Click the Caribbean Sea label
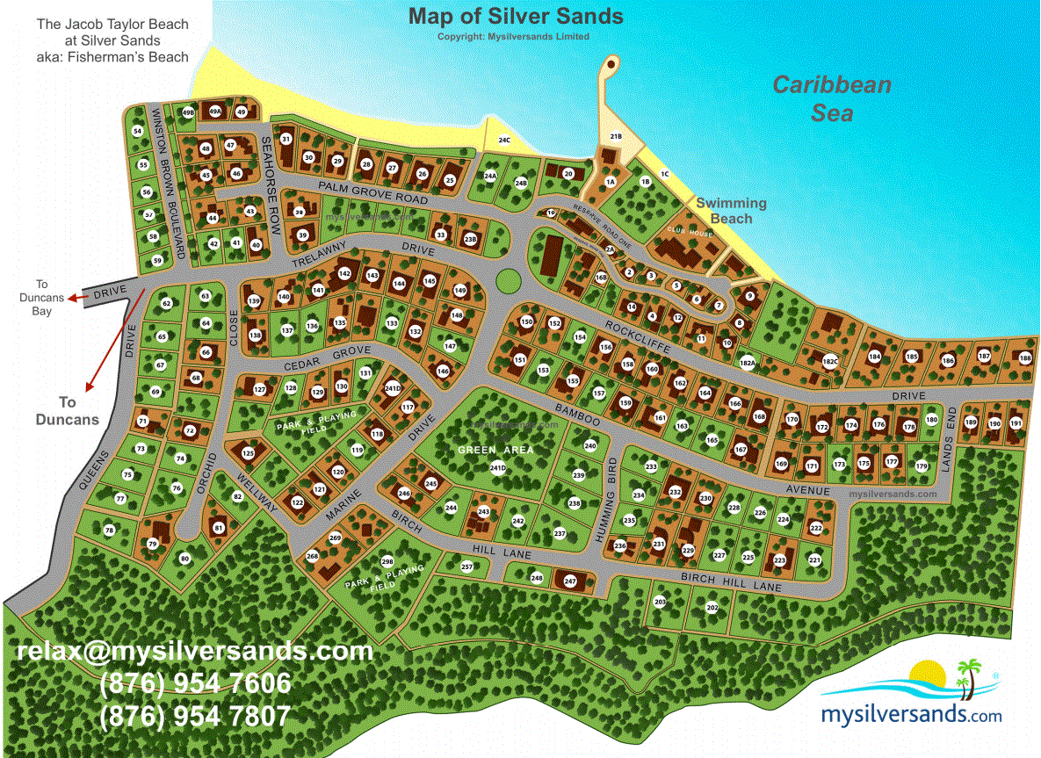[831, 98]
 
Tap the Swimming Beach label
[732, 211]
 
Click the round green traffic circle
[507, 281]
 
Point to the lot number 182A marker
[748, 362]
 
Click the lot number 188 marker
[1025, 357]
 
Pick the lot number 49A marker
[214, 112]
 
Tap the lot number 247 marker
[569, 581]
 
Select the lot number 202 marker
[712, 607]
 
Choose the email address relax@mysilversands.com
[195, 652]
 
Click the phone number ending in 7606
[195, 683]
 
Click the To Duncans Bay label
[42, 297]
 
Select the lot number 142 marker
[344, 274]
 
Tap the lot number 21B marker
[617, 136]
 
